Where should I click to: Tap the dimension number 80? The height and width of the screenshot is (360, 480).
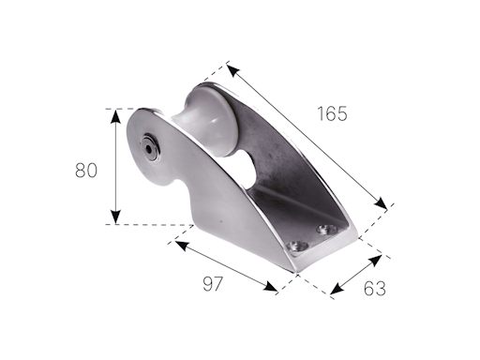[x=86, y=170]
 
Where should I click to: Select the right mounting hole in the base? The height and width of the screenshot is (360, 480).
[x=327, y=228]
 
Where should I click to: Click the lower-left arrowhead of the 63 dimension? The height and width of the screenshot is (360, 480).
[x=334, y=292]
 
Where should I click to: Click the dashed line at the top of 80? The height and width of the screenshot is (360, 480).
[x=120, y=109]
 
